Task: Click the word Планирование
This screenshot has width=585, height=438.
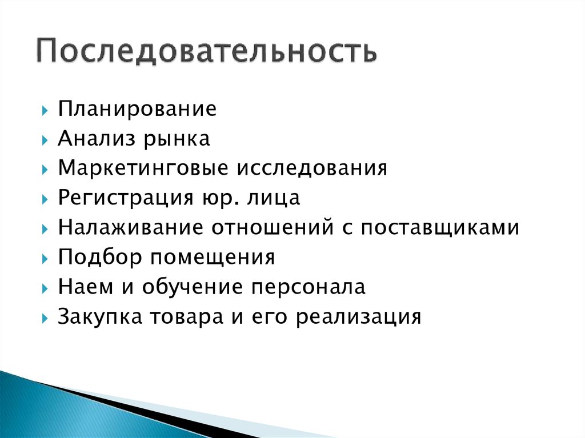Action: pyautogui.click(x=137, y=109)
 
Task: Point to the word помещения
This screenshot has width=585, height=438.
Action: pyautogui.click(x=213, y=258)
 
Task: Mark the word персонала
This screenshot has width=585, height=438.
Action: pyautogui.click(x=308, y=287)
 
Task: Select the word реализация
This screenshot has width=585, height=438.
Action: pyautogui.click(x=358, y=317)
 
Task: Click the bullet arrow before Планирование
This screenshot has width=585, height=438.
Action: pyautogui.click(x=45, y=110)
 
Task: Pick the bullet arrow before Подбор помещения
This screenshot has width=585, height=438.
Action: pyautogui.click(x=45, y=258)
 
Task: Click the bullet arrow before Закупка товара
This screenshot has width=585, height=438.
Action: pyautogui.click(x=45, y=318)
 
